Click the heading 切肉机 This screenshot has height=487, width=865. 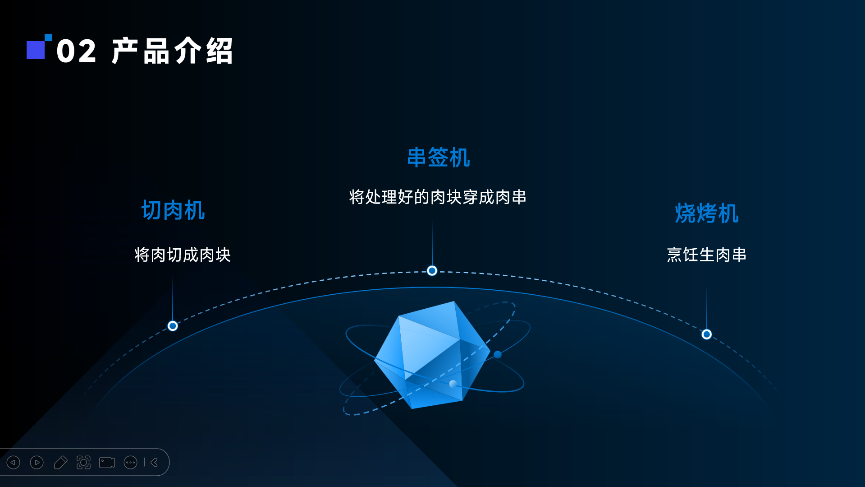[173, 210]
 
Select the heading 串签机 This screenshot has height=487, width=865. [438, 158]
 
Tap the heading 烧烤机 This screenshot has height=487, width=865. [706, 213]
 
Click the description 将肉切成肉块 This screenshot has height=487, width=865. [183, 255]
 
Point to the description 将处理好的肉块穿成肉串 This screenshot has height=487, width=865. [438, 197]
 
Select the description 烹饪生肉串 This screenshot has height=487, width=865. [706, 255]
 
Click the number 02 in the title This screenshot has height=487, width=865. [76, 51]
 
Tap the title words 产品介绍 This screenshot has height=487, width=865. [172, 51]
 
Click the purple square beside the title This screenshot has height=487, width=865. [36, 50]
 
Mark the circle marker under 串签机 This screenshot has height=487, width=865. [432, 271]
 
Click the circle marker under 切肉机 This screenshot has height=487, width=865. [173, 326]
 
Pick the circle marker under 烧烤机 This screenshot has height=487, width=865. [706, 334]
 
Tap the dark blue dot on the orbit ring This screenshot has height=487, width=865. [498, 355]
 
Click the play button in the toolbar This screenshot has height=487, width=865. [37, 463]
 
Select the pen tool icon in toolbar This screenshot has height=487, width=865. [60, 463]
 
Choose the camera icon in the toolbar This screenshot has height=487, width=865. [107, 463]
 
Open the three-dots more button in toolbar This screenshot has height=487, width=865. [130, 463]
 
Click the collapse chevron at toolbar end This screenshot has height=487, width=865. [154, 463]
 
